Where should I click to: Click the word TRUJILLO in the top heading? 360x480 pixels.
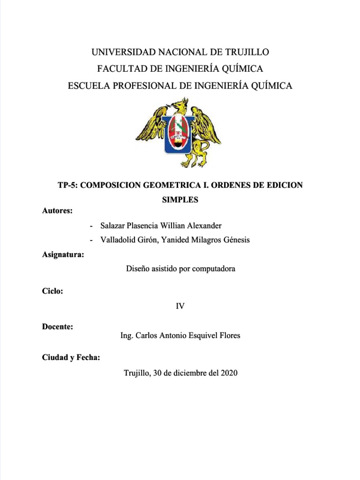click(x=243, y=52)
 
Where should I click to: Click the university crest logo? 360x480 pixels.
click(x=179, y=132)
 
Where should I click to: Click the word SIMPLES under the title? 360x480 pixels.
click(x=180, y=200)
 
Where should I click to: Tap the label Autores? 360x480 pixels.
click(x=57, y=211)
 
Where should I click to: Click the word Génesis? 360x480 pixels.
click(x=236, y=240)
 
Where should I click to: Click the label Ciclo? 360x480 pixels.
click(x=52, y=291)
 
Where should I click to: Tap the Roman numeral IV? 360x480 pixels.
click(x=180, y=306)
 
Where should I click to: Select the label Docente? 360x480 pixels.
click(x=58, y=327)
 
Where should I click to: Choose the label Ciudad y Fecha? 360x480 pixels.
click(x=71, y=358)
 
